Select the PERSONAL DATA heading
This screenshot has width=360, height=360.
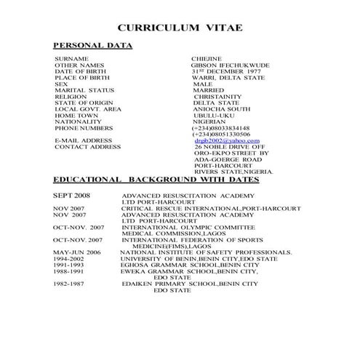point(93,45)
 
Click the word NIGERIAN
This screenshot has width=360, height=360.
point(215,121)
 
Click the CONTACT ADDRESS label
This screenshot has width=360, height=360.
point(87,147)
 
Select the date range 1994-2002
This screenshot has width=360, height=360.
point(69,258)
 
